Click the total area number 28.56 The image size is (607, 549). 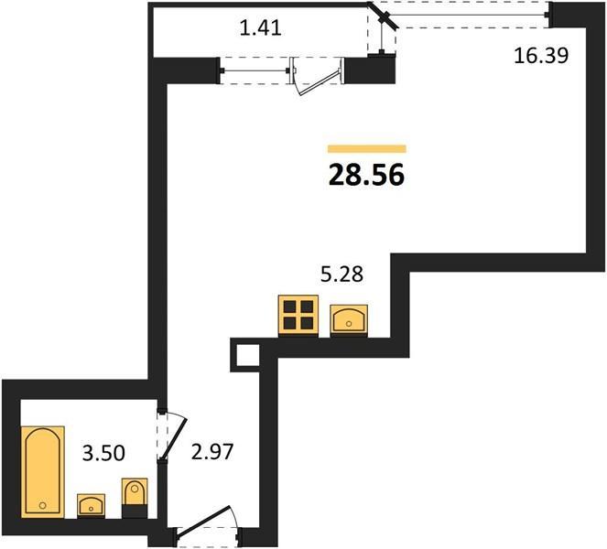click(x=366, y=175)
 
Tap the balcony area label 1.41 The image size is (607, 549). click(x=260, y=27)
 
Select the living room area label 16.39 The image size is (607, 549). click(x=541, y=55)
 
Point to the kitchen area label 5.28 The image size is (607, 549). click(x=341, y=274)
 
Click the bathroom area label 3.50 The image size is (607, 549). click(x=103, y=453)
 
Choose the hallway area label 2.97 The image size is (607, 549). click(x=212, y=451)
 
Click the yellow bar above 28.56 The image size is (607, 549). click(x=366, y=149)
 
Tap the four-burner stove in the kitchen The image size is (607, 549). click(x=298, y=316)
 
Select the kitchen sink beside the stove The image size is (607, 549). click(x=349, y=319)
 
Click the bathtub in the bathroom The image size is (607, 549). click(x=43, y=471)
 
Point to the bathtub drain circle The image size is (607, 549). click(x=43, y=505)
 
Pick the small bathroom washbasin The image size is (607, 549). click(x=91, y=505)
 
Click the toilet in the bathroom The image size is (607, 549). click(x=135, y=498)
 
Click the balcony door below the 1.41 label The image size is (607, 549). click(x=317, y=77)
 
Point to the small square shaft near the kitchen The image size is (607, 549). click(x=245, y=355)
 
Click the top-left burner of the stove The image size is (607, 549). click(x=290, y=307)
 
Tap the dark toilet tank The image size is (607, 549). click(x=135, y=511)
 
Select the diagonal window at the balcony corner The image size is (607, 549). click(x=384, y=16)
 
